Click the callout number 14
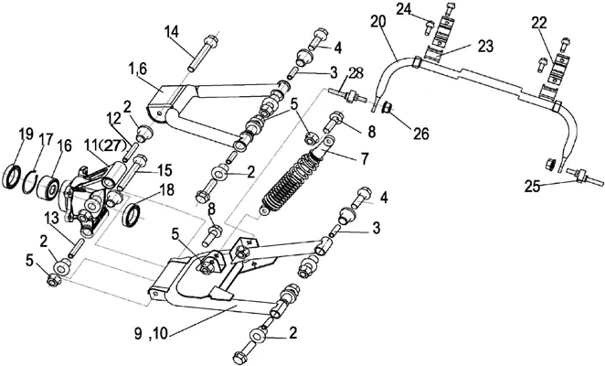point(172,32)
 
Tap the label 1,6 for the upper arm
point(137,70)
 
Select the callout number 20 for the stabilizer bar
point(378,22)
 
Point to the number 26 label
point(421,134)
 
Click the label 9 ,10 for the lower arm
point(152,333)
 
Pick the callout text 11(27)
point(104,146)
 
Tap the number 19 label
point(27,135)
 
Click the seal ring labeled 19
point(13,178)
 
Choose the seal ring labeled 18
point(132,216)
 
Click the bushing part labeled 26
point(387,107)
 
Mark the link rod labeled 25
point(583,177)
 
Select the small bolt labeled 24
point(430,27)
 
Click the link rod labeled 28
point(349,95)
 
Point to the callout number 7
point(365,158)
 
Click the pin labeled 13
point(76,248)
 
